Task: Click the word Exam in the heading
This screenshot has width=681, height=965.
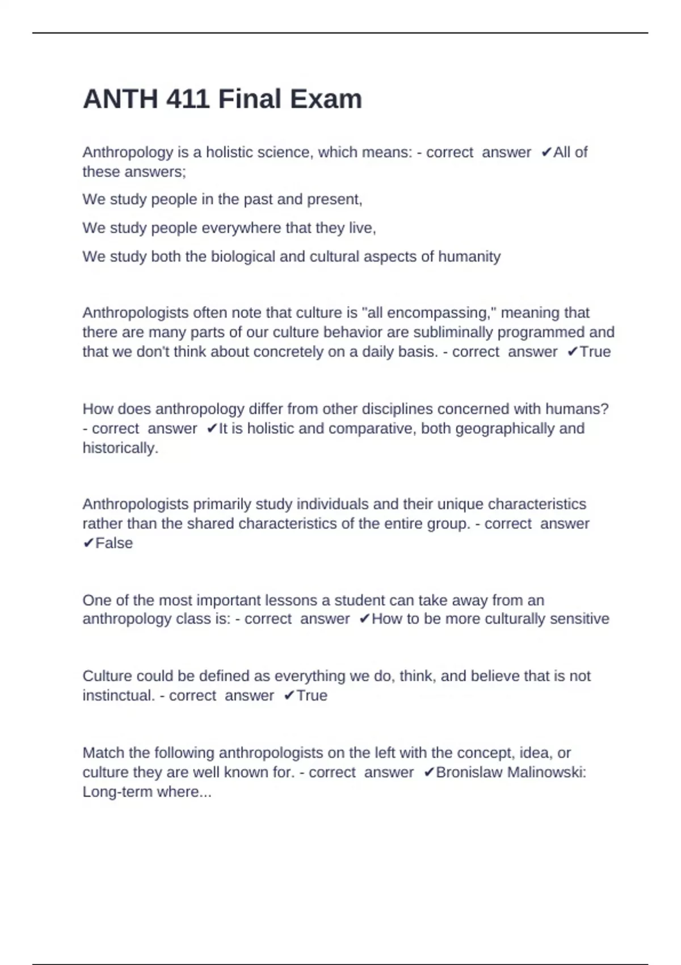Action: click(x=326, y=99)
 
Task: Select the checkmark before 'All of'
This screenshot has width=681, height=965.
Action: click(x=546, y=152)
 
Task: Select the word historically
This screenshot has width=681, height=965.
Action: click(x=120, y=448)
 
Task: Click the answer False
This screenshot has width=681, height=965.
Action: click(x=114, y=543)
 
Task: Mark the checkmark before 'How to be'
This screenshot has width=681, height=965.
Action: click(x=364, y=619)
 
